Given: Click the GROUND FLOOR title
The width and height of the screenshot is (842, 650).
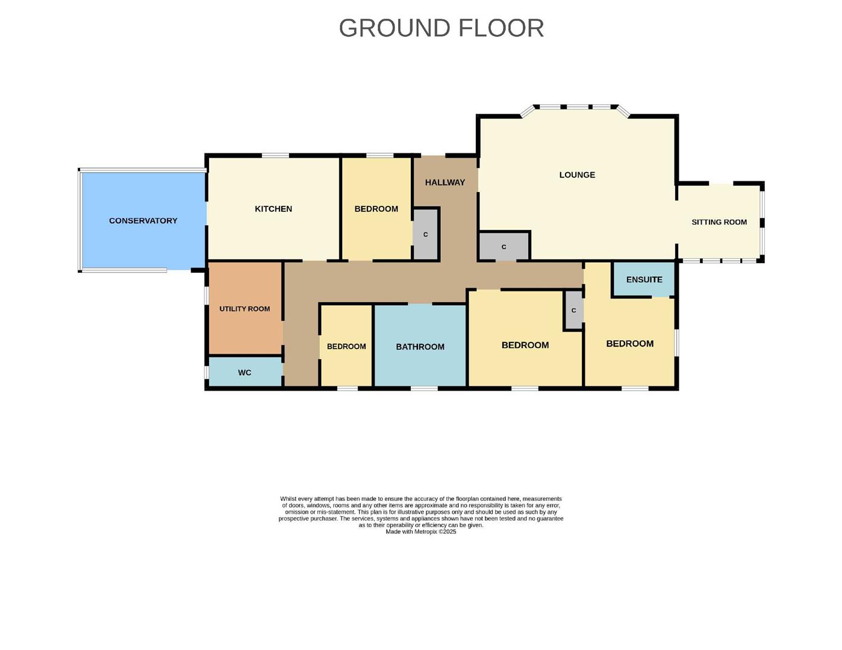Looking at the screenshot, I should point(441,28).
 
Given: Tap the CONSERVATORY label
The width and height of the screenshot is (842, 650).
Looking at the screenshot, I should point(143,221).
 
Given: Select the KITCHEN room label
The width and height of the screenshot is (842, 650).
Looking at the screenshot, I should point(273,209).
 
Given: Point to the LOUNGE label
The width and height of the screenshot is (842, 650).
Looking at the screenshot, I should point(577,175).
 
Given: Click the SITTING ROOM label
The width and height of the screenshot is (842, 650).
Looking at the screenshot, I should point(719,222).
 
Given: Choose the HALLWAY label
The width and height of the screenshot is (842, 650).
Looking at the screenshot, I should point(444,182).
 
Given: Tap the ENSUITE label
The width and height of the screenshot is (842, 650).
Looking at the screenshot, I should point(644,280).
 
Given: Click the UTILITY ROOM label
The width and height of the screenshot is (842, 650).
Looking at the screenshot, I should point(245,309).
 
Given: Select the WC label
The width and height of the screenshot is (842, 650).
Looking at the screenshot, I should point(245,373).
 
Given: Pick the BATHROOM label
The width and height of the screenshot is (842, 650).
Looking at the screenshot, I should point(420,347).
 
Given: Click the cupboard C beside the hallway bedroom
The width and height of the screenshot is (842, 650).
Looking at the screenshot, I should point(426,235).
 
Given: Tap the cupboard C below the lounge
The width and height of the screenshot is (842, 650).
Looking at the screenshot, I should point(504,247).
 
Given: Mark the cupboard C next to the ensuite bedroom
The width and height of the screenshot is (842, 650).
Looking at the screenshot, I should point(573,311).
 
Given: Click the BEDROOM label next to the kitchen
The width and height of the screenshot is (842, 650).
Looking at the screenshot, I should point(376,209).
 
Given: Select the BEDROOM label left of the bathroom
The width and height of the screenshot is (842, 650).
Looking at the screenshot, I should point(346,347).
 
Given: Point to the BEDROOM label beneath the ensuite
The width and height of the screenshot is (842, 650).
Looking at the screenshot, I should point(629,344).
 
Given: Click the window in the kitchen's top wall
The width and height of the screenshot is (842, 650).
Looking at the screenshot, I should point(275,156).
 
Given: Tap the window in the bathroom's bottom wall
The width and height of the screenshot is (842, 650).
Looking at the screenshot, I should point(424,388).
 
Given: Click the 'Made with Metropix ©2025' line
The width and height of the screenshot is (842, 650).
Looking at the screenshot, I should point(421,532).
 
